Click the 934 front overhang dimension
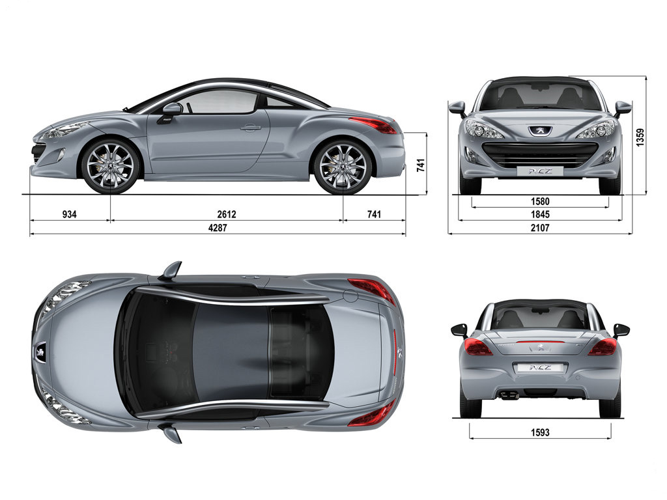click(69, 214)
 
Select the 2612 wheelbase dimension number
click(226, 214)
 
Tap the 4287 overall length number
click(218, 228)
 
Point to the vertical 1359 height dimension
click(640, 137)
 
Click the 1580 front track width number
click(540, 201)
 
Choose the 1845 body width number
click(540, 214)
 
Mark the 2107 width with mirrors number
click(540, 228)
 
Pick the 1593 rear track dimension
click(540, 432)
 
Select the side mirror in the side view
click(170, 112)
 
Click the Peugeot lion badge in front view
click(540, 131)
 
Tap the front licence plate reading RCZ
click(540, 171)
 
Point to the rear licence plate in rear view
click(540, 368)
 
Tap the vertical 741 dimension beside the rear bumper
click(421, 165)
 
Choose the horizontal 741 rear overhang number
click(374, 214)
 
